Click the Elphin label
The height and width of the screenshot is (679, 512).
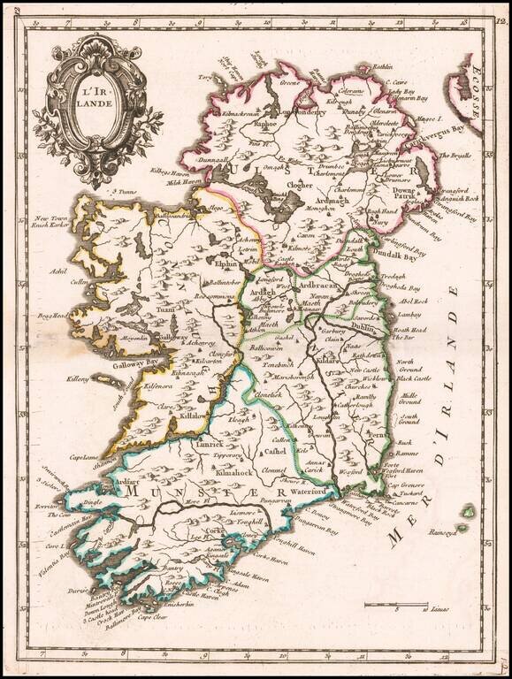click(x=225, y=263)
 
